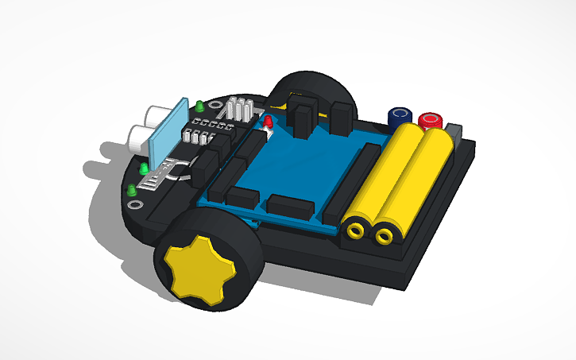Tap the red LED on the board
tap(269, 122)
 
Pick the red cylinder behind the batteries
tap(431, 121)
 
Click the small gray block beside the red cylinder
tap(454, 132)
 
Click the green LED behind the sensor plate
tap(199, 105)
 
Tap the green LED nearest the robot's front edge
tap(131, 190)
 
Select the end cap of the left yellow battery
tap(355, 231)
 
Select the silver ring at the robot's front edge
tap(134, 204)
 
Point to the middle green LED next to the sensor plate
tap(144, 168)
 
